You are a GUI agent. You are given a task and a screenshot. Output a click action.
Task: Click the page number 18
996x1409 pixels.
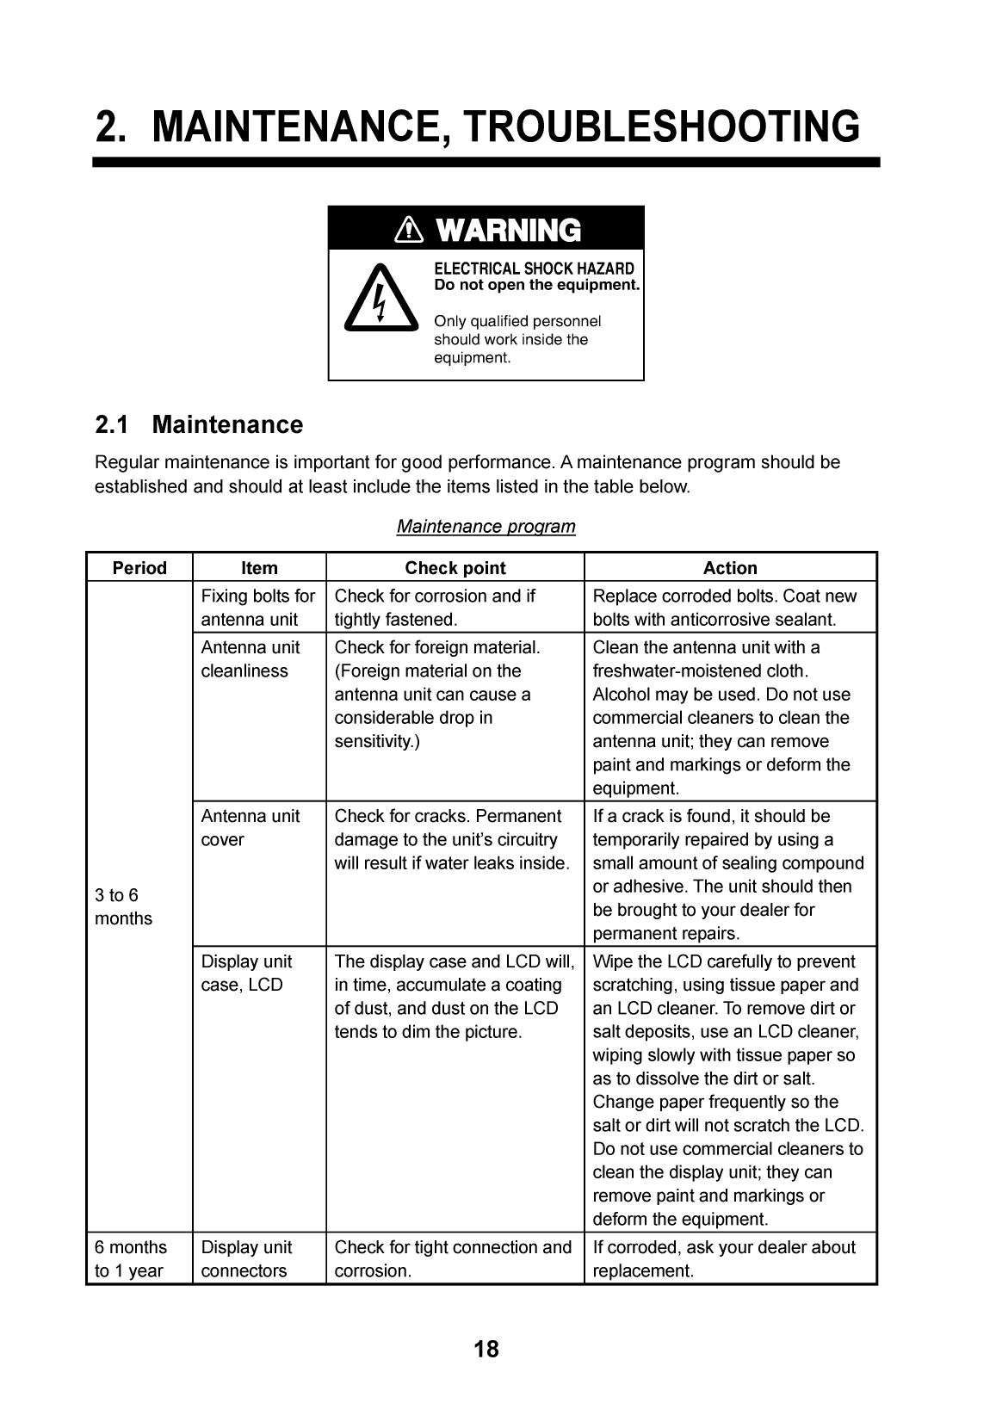coord(486,1349)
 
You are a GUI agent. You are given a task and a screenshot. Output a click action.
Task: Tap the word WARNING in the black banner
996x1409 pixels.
coord(508,231)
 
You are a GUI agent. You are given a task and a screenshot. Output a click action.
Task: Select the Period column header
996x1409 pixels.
coord(139,568)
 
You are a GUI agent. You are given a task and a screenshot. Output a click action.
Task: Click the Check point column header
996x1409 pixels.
coord(455,568)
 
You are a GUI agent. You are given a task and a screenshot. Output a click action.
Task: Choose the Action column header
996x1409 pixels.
coord(730,568)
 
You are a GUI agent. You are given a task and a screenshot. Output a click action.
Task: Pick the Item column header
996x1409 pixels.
coord(259,568)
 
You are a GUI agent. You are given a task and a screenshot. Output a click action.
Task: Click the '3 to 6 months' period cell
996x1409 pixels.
coord(123,907)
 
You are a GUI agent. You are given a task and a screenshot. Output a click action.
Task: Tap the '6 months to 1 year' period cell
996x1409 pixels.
coord(131,1258)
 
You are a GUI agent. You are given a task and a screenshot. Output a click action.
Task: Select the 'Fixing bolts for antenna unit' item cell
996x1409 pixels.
coord(258,608)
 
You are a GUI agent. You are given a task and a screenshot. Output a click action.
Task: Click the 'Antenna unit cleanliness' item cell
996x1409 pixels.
coord(251,659)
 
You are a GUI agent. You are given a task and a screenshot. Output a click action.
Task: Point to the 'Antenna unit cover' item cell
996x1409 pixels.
coord(251,828)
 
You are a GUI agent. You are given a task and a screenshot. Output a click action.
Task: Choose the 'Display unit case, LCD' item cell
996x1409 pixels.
coord(247,973)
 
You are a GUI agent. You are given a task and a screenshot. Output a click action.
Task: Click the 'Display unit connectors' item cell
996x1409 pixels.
coord(247,1258)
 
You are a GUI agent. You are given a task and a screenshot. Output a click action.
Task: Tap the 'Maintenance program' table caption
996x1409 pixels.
coord(486,526)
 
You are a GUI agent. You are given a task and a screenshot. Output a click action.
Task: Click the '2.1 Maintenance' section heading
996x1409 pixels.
coord(199,425)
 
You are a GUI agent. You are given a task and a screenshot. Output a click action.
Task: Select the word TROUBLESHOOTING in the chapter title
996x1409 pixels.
coord(662,127)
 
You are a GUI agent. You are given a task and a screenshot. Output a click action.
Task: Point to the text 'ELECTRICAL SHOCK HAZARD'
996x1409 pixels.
coord(534,269)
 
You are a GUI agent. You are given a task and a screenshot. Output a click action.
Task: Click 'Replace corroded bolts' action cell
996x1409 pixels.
coord(725,608)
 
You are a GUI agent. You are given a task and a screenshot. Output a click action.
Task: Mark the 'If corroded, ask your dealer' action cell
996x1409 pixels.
coord(724,1258)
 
